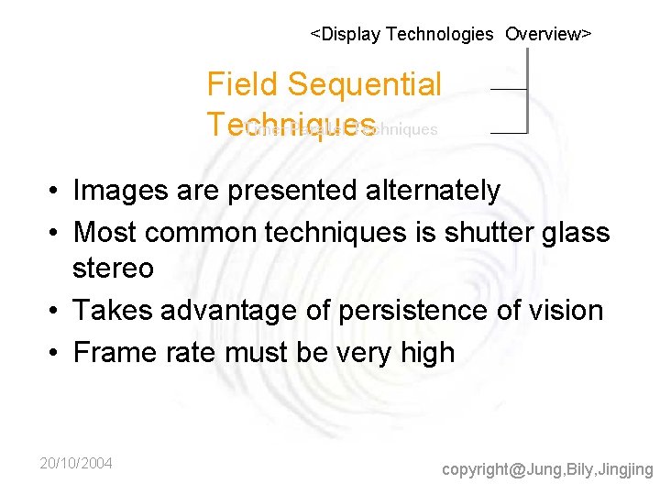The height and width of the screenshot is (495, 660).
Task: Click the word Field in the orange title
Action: pos(242,85)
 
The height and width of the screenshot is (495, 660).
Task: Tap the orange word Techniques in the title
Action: pos(291,125)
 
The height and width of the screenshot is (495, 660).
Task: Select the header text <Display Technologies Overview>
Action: pos(450,35)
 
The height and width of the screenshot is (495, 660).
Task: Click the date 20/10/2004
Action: pos(76,464)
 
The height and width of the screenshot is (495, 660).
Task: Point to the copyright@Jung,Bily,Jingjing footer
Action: pos(547,469)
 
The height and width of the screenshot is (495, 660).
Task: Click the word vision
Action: pos(559,311)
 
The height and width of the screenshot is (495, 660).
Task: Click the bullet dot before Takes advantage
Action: pos(55,312)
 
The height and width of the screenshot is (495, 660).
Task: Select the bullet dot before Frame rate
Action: pos(55,353)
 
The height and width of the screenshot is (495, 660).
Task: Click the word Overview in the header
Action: pos(547,35)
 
